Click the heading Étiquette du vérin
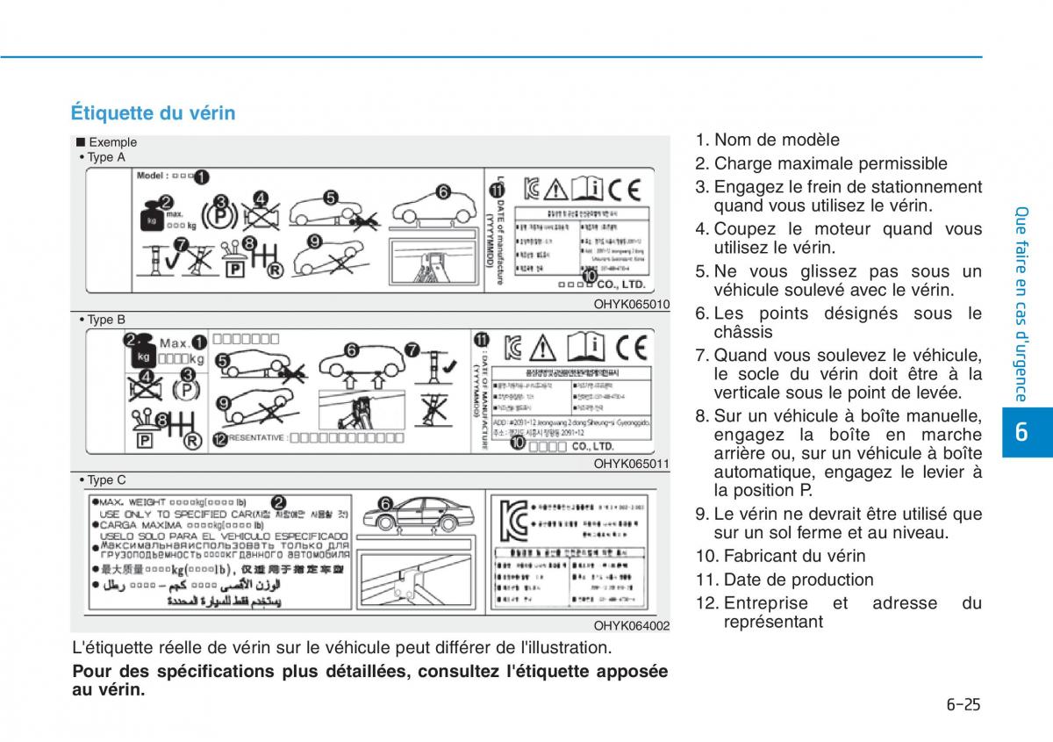pos(153,113)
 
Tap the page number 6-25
pos(963,703)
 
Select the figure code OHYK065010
pos(632,305)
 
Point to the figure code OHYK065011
pos(632,464)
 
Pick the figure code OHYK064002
pos(632,625)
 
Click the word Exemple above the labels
pos(112,142)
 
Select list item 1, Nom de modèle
pos(768,140)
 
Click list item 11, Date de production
pos(785,580)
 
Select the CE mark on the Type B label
pos(630,347)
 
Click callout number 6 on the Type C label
pos(384,503)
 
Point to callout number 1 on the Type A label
pos(201,176)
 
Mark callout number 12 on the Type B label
pos(219,438)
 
